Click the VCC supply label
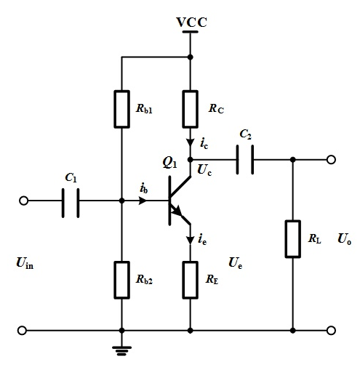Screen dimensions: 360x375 191,22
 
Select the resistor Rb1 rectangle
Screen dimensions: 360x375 121,109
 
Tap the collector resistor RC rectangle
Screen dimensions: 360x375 191,109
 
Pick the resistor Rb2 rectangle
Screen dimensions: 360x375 121,280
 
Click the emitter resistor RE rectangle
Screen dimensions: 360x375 191,280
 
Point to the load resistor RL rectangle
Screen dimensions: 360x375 293,239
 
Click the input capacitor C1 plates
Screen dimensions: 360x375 71,203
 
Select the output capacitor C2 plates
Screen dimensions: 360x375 245,159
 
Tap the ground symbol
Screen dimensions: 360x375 121,351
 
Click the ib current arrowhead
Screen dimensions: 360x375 143,201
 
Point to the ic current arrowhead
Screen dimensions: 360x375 191,142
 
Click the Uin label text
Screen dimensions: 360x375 25,263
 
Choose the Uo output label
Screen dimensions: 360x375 344,239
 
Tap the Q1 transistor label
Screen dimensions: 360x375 169,162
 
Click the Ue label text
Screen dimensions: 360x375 235,263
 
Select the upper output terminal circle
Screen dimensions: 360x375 331,160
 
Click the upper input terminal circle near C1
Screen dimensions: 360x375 23,201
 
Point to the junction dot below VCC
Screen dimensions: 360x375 191,57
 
